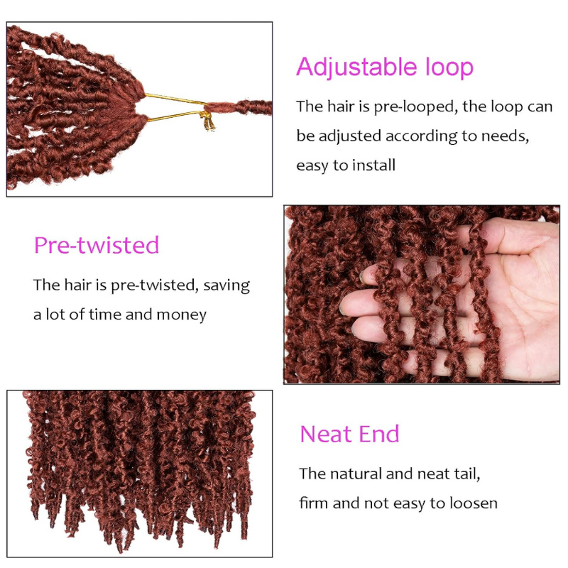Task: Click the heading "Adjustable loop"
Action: pos(384,67)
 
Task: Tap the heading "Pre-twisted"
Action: pos(97,245)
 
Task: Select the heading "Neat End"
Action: pos(349,433)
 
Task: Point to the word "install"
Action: pos(373,165)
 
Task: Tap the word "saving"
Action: pos(226,285)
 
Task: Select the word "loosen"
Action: pos(471,503)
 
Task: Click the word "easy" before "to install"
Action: pos(312,165)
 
